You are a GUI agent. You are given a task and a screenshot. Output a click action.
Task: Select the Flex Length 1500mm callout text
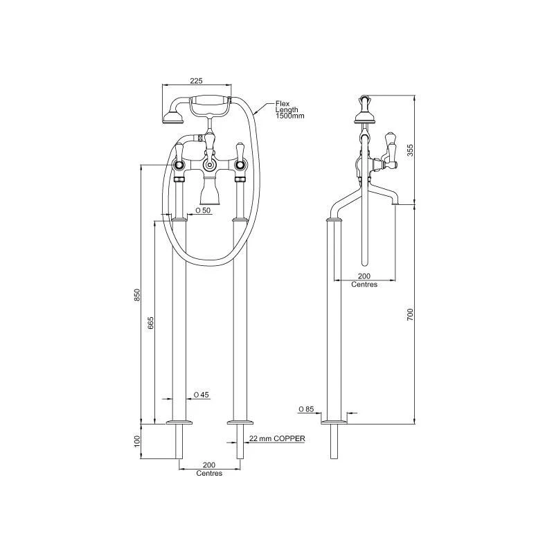click(290, 109)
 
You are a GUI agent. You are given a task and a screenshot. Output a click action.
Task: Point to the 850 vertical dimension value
click(138, 294)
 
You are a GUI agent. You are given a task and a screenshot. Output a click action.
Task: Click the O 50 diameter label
click(202, 210)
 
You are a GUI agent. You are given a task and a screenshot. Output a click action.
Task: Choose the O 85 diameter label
click(307, 409)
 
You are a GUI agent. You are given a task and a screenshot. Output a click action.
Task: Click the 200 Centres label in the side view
click(364, 280)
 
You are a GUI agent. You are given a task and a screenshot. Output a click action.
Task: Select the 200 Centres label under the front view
click(209, 469)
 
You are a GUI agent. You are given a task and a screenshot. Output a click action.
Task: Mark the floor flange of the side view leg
click(334, 420)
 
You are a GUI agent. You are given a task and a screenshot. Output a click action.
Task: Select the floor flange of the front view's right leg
click(241, 420)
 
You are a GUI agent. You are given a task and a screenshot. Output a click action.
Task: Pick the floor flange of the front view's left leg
click(179, 420)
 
